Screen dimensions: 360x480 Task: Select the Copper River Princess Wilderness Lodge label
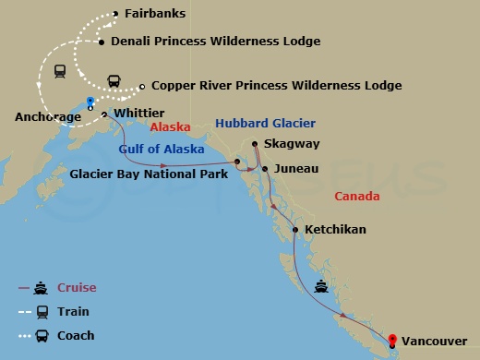pyautogui.click(x=276, y=86)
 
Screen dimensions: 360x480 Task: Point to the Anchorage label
pyautogui.click(x=47, y=117)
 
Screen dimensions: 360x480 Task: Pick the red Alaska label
pyautogui.click(x=170, y=127)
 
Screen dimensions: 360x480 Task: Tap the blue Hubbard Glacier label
pyautogui.click(x=266, y=124)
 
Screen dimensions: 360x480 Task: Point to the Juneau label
pyautogui.click(x=295, y=170)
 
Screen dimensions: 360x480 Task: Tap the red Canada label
pyautogui.click(x=355, y=197)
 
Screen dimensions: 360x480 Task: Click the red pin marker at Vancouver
pyautogui.click(x=392, y=340)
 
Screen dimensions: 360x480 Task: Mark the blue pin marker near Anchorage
pyautogui.click(x=90, y=101)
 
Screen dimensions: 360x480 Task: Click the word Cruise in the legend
pyautogui.click(x=77, y=288)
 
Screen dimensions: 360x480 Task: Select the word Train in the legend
pyautogui.click(x=73, y=312)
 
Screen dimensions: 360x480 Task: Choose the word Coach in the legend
pyautogui.click(x=76, y=336)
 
